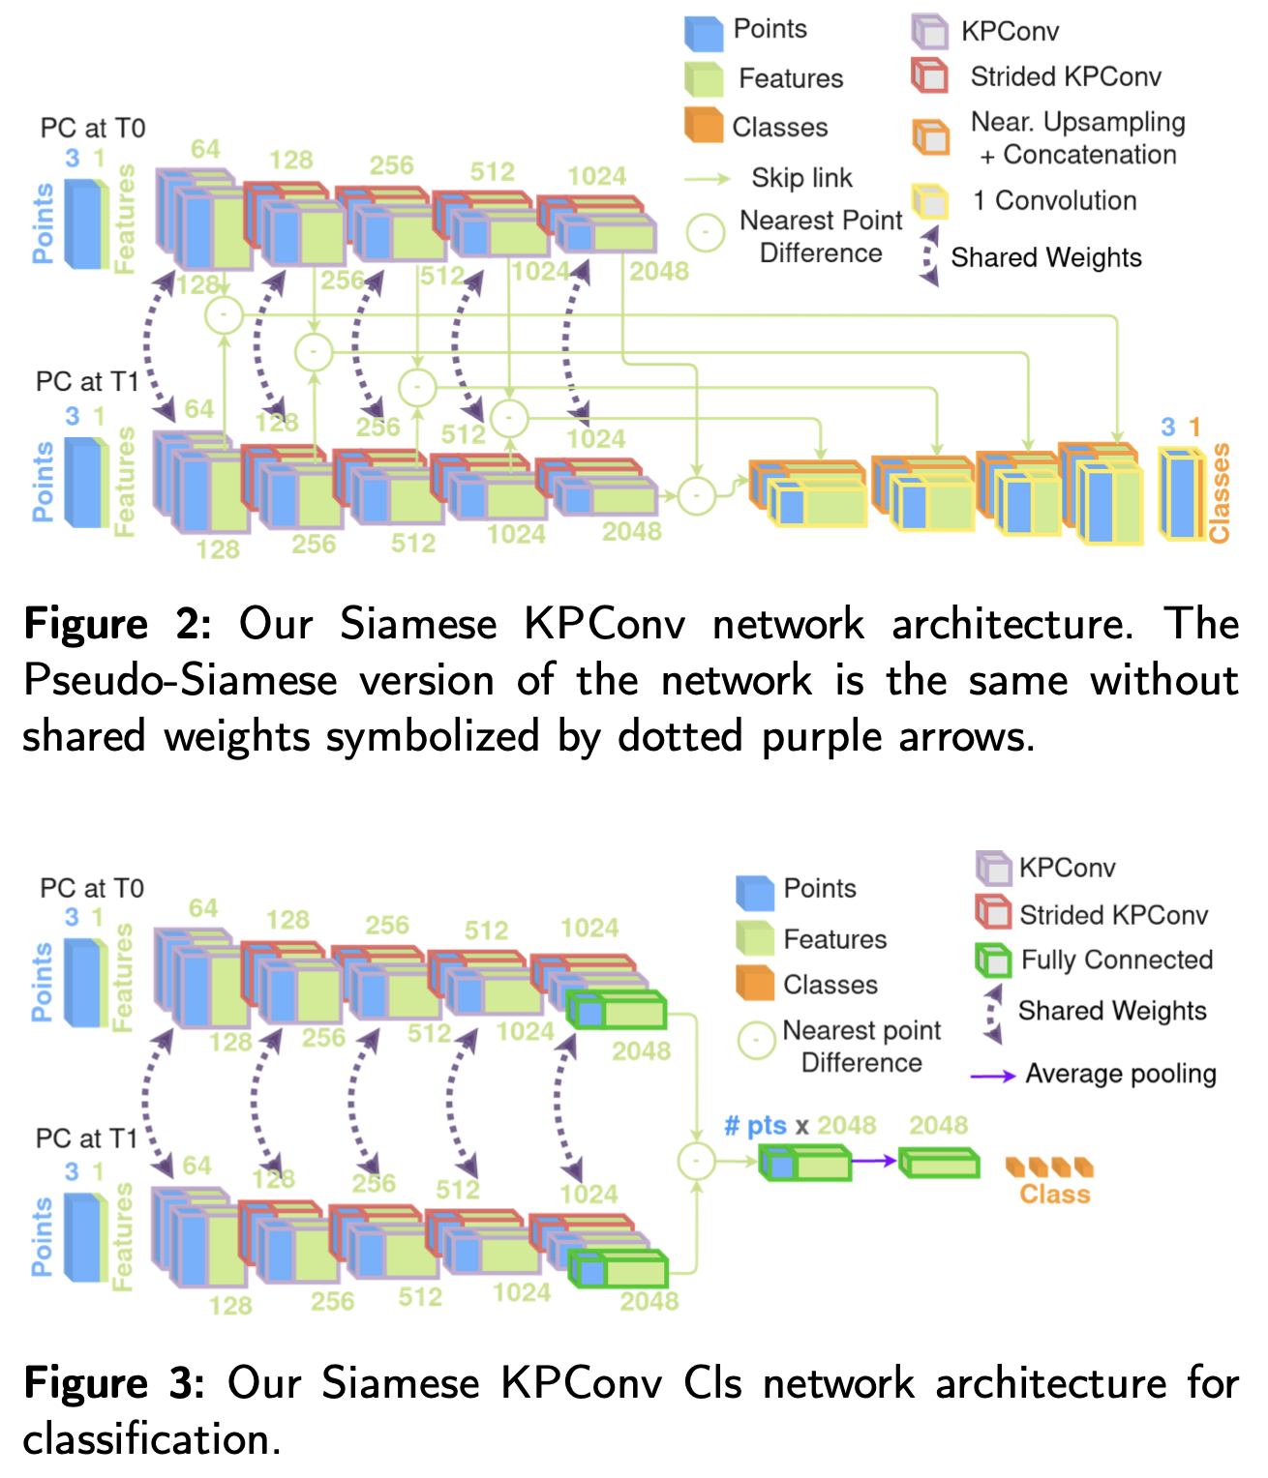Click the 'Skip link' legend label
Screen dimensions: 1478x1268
801,178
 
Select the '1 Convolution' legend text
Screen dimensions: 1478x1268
1055,201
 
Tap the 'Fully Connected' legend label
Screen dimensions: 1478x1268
1117,960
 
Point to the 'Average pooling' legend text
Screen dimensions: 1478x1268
1121,1074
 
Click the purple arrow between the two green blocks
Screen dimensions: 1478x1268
875,1161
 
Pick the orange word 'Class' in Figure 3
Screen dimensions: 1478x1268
1055,1195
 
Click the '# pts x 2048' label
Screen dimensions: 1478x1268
800,1125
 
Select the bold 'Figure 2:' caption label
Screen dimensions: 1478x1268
117,624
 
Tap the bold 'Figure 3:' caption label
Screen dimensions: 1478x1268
114,1383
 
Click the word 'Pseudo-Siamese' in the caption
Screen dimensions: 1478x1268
179,680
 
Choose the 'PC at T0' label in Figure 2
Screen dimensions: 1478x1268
93,129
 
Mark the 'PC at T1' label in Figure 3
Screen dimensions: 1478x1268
87,1138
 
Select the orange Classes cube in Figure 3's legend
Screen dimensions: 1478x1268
755,983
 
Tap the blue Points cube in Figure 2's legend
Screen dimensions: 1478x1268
704,32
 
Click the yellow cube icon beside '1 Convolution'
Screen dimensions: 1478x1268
930,201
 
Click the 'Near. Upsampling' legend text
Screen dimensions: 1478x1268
1078,123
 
